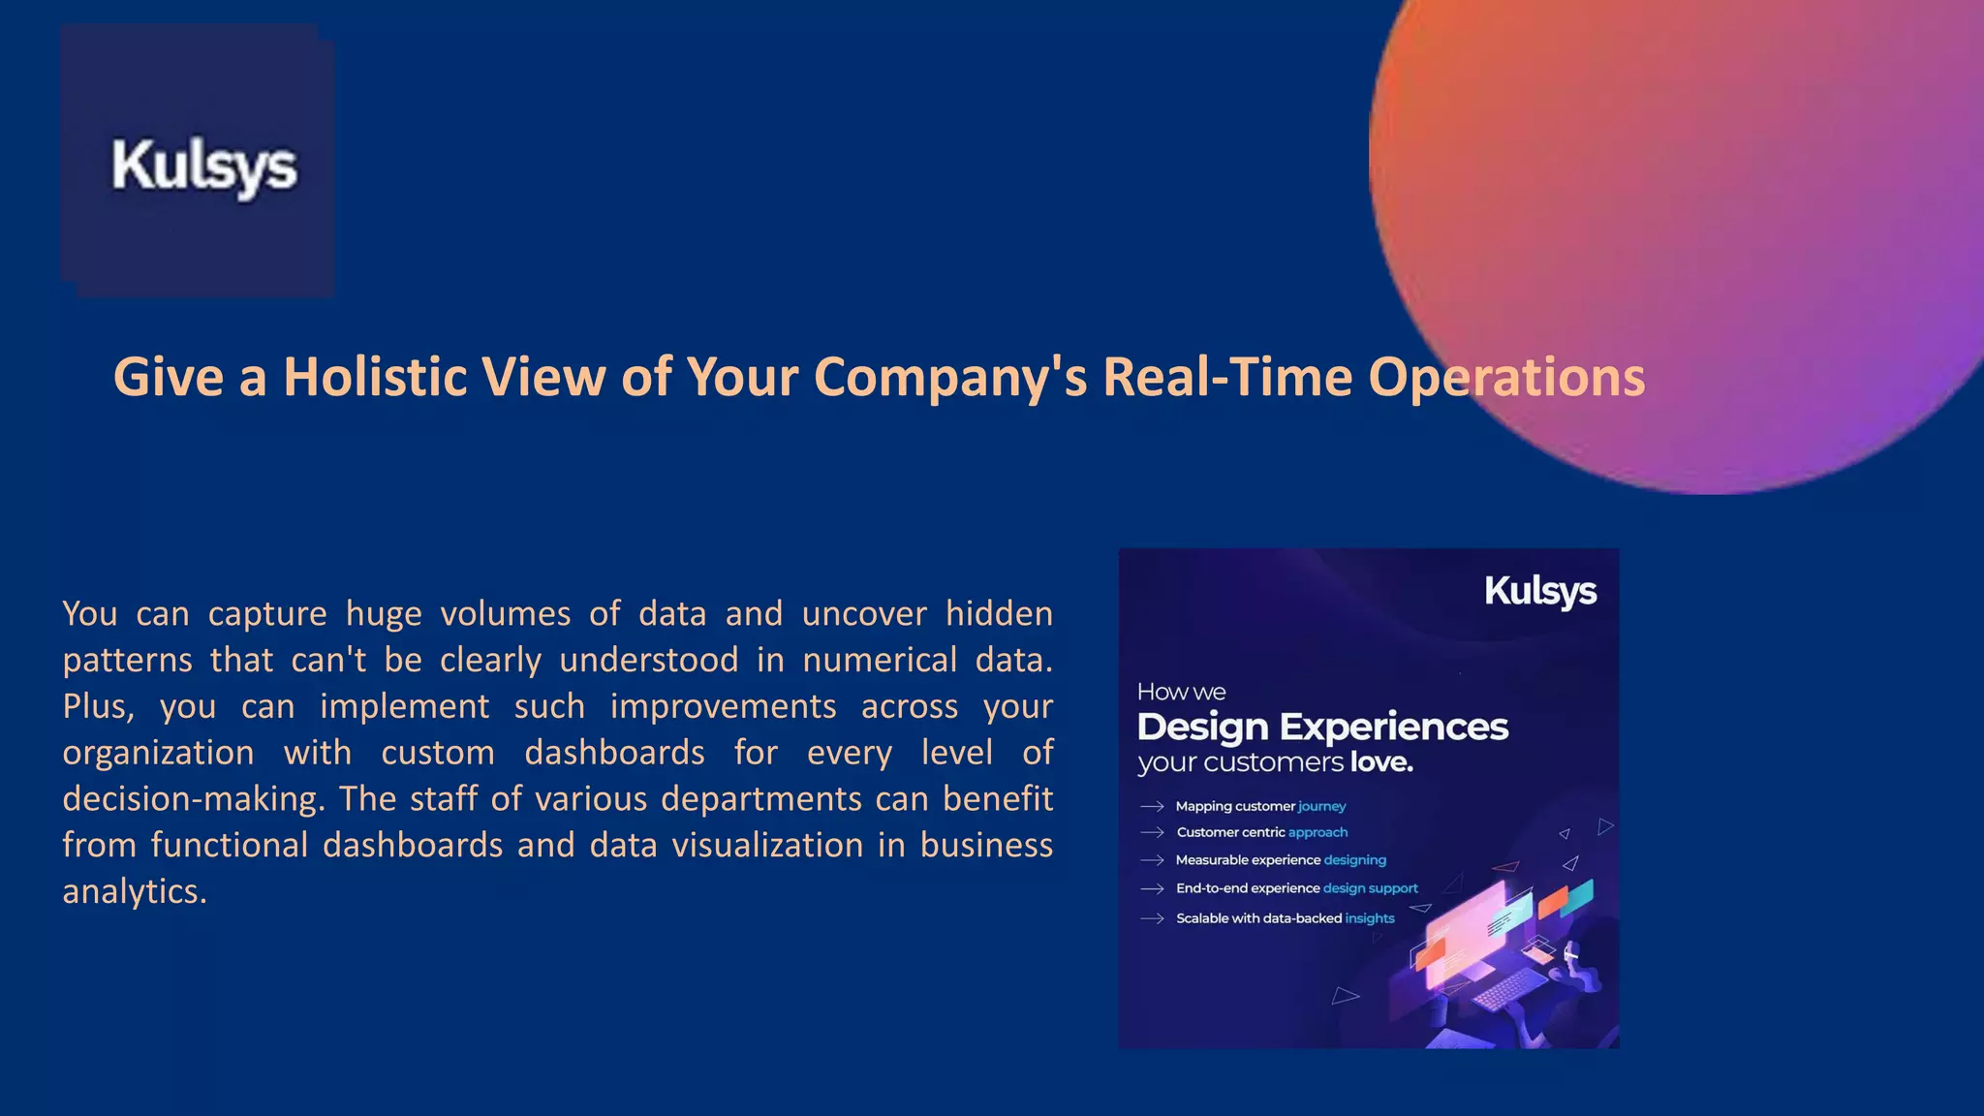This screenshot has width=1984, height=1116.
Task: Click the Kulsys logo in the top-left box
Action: point(203,167)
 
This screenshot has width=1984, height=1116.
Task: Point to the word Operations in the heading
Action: point(1505,377)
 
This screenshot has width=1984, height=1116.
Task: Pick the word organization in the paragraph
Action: point(158,753)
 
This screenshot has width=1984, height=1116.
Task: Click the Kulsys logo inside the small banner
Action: point(1540,591)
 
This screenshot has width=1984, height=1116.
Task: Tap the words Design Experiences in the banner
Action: point(1322,727)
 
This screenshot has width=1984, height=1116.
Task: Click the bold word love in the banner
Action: point(1381,762)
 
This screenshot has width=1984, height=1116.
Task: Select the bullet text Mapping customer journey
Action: point(1260,806)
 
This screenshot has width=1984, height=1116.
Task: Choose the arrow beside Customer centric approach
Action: point(1152,832)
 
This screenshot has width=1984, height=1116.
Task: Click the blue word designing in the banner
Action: point(1354,860)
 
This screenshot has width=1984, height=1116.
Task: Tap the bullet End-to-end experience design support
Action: point(1296,888)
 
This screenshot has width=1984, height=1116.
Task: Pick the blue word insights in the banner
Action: point(1370,918)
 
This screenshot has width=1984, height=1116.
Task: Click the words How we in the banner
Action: point(1181,692)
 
